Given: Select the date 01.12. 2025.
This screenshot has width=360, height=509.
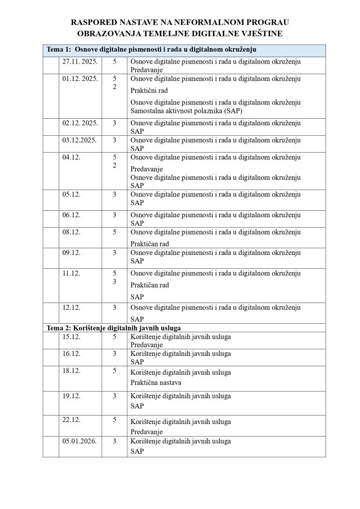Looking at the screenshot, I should pos(80,79).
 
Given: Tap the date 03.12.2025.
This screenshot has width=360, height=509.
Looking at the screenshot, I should pos(79,140).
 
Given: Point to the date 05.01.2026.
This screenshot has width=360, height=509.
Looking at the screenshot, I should pos(79,441).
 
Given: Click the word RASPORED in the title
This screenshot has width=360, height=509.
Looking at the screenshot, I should pos(92,22).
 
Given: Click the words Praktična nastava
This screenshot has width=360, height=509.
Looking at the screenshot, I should pos(156,382).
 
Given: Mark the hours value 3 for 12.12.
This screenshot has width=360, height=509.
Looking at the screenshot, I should pos(114,307).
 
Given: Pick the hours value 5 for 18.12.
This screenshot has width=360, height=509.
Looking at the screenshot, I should pos(114,370).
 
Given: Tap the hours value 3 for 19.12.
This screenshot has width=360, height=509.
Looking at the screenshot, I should pos(114,396).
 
